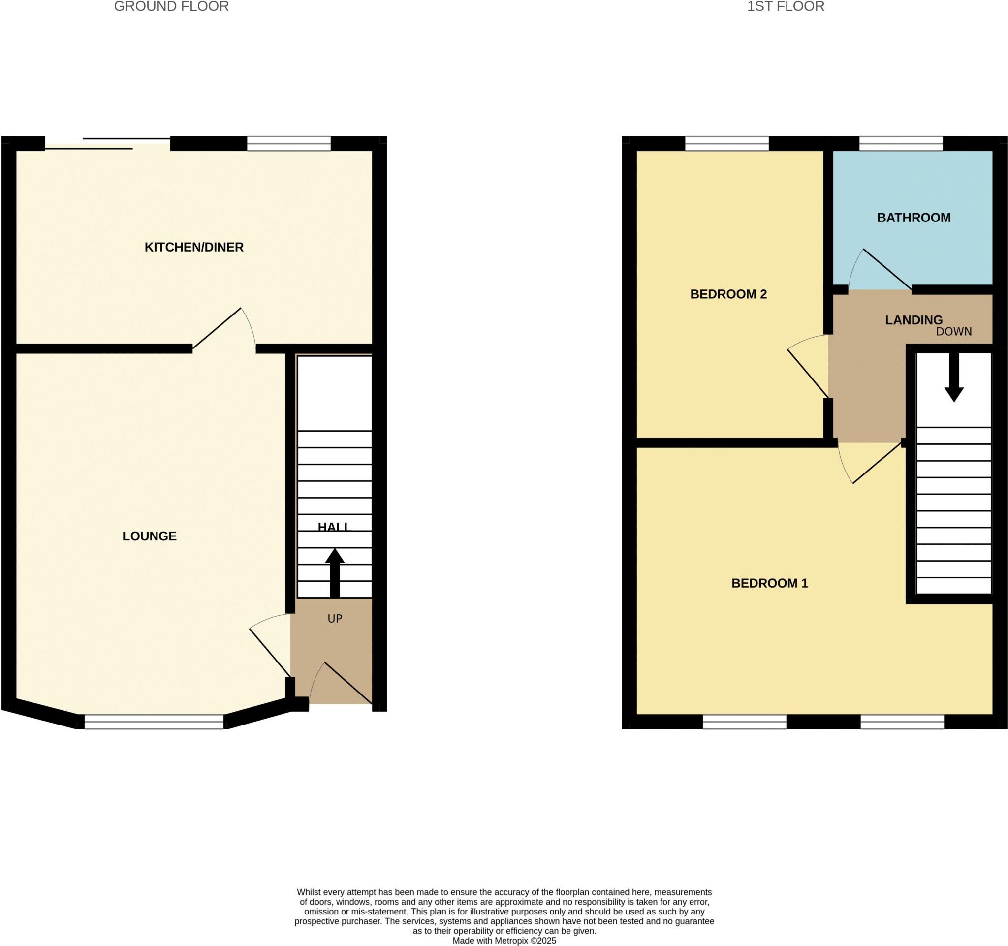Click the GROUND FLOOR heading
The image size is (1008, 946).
coord(171,6)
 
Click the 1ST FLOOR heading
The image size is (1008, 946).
coord(786,6)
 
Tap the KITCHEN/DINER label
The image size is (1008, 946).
coord(194,247)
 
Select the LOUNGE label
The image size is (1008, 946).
coord(150,536)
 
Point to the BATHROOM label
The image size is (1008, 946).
coord(913,218)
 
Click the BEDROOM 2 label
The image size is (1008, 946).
coord(728,294)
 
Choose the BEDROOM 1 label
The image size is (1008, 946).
coord(769,583)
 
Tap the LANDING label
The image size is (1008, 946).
coord(913,320)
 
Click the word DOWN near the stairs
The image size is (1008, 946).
coord(954,332)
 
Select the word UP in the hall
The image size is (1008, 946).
coord(335,619)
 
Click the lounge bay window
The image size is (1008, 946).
coord(154,722)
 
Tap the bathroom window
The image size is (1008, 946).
coord(901,143)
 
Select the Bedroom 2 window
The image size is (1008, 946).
coord(726,143)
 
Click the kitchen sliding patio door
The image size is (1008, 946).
coord(107,143)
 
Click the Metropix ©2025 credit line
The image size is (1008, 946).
coord(504,941)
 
